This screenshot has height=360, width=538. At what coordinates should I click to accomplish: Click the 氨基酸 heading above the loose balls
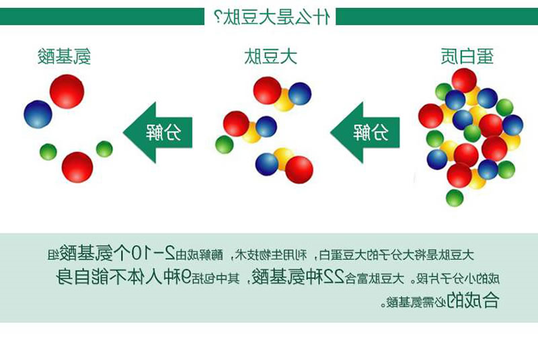coord(65,57)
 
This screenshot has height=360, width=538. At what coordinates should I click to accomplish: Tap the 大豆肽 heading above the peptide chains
coord(270,57)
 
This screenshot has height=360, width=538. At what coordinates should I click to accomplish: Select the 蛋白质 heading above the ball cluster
coord(468,57)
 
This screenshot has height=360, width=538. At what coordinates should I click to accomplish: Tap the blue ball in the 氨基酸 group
coord(38,114)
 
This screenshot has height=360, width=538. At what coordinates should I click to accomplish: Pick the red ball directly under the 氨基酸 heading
coord(67,91)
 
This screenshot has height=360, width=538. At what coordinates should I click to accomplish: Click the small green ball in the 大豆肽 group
coord(224,144)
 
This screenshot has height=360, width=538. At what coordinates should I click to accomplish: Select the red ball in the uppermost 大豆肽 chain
coord(267,90)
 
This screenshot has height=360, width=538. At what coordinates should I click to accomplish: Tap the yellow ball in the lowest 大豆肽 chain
coord(283,158)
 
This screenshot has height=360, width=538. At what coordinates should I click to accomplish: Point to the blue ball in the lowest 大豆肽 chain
coord(267,164)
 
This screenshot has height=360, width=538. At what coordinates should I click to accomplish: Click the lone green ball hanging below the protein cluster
coord(455,198)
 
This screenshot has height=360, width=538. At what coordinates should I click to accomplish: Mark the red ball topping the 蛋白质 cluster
coord(464,80)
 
